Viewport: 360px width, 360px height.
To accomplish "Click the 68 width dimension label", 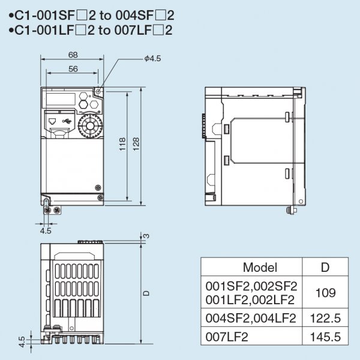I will pos(73,55).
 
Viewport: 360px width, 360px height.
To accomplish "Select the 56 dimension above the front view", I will pos(73,70).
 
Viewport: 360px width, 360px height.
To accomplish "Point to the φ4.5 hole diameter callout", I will pos(152,58).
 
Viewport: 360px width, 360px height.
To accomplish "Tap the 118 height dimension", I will pos(122,144).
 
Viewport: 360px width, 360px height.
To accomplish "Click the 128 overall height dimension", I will pos(136,144).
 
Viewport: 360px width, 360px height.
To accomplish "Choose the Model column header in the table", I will pos(260,267).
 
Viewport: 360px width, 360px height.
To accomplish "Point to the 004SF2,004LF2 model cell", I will pos(251,318).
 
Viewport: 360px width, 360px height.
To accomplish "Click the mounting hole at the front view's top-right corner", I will pos(98,92).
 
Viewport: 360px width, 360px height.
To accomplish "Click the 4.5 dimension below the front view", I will pos(46,230).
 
